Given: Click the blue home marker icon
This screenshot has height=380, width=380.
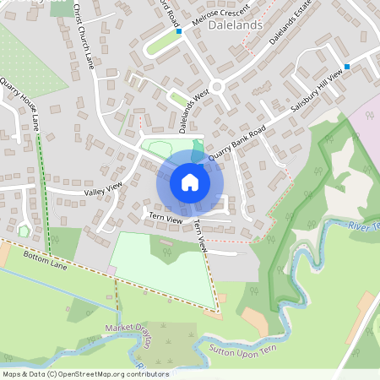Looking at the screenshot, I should (x=189, y=182).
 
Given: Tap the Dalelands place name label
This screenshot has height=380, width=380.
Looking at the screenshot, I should (x=234, y=26).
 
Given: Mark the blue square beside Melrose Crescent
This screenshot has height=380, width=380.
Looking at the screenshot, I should (x=179, y=32).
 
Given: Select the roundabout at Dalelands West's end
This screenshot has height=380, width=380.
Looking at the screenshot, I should (x=218, y=85).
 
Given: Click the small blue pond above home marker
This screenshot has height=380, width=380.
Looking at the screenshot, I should (x=197, y=149).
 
